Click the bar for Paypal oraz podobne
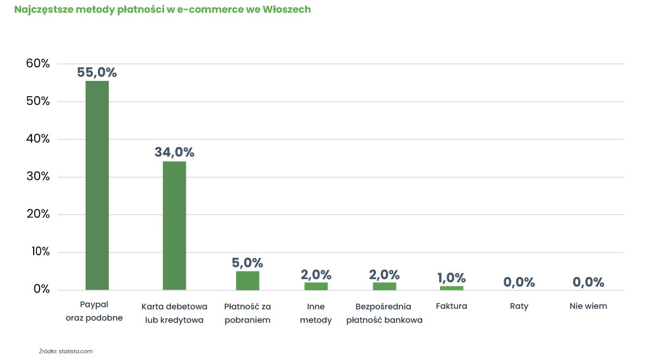[97, 185]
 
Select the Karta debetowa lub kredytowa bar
[174, 226]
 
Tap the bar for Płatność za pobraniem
[247, 281]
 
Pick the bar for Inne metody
[316, 286]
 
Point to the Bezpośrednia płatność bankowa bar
[385, 286]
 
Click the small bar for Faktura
[452, 288]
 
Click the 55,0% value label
[97, 72]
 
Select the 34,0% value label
[174, 152]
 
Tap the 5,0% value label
[247, 263]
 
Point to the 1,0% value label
[452, 278]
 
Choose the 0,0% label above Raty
[519, 282]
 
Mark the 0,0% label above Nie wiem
[588, 282]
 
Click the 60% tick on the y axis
[38, 64]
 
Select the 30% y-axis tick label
[38, 176]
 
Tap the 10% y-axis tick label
[40, 251]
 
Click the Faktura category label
[452, 306]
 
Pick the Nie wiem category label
[588, 306]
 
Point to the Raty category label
[519, 306]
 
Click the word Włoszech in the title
[287, 9]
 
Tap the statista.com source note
[76, 351]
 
